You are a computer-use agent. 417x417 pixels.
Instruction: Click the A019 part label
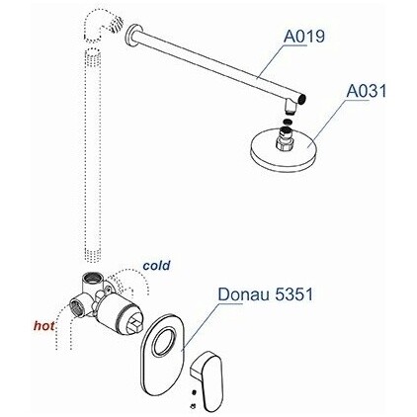click(304, 36)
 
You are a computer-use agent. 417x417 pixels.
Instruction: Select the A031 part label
click(367, 91)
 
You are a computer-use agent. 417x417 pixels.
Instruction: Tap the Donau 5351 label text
click(266, 294)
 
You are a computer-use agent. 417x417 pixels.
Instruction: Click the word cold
click(156, 266)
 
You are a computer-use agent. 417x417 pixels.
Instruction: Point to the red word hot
click(44, 326)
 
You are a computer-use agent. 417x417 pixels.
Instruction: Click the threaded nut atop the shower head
click(285, 138)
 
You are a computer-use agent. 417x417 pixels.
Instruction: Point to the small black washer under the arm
click(288, 122)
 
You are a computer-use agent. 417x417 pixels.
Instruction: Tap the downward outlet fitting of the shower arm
click(291, 106)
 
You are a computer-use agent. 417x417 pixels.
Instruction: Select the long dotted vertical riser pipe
click(93, 155)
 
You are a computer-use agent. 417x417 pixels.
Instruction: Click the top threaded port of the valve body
click(93, 279)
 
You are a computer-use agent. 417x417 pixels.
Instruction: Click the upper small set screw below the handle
click(194, 393)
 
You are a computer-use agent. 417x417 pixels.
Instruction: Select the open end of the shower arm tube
click(303, 98)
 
